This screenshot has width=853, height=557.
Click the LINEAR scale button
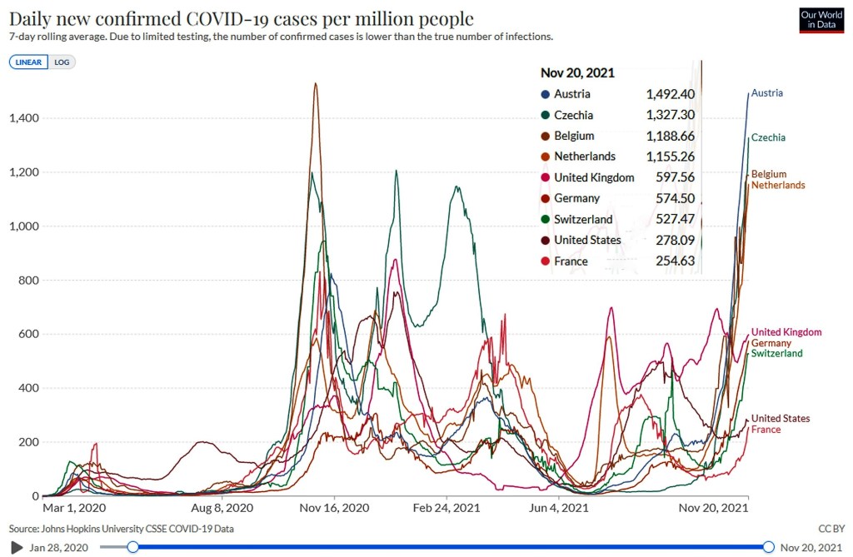(29, 62)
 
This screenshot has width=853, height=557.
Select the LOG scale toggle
(62, 62)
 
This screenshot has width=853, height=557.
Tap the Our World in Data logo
(821, 21)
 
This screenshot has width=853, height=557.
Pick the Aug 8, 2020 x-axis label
(222, 506)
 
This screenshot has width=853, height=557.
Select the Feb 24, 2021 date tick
(447, 506)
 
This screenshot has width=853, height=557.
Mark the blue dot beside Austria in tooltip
(545, 94)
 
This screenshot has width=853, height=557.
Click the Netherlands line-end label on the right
(778, 185)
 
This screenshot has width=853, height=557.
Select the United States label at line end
(780, 419)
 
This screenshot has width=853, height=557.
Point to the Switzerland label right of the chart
(776, 354)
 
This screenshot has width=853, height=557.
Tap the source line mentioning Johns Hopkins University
(121, 529)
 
